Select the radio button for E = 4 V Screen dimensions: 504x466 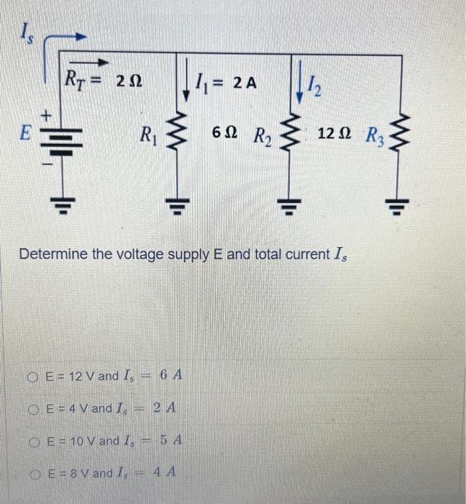tap(34, 409)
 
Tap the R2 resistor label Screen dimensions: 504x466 tap(260, 135)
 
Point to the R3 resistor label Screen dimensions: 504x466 tap(374, 135)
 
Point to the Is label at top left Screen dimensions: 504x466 tap(24, 31)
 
